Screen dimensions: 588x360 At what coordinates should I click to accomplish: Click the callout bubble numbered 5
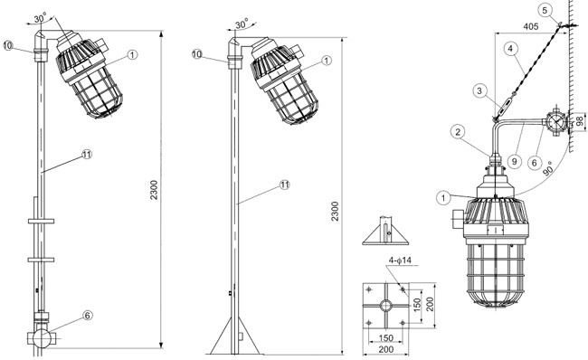pos(545,11)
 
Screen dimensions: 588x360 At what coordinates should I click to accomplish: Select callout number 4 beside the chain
pos(510,49)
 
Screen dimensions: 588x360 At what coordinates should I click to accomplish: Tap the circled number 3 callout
pos(479,91)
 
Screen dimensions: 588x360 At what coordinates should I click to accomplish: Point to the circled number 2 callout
pos(458,132)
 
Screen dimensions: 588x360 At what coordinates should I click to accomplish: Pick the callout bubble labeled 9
pos(515,161)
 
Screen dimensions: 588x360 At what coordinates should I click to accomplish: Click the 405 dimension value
pos(531,26)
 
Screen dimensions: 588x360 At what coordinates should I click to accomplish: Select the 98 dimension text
pos(579,121)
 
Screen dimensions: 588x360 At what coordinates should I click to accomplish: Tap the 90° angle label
pos(548,169)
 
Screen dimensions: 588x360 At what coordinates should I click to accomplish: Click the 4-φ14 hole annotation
pos(400,260)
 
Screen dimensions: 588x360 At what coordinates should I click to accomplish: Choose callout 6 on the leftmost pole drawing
pos(87,316)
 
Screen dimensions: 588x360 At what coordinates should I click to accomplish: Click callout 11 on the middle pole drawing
pos(285,185)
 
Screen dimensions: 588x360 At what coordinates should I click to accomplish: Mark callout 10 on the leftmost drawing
pos(8,46)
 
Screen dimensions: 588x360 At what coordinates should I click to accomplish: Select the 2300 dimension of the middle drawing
pos(335,211)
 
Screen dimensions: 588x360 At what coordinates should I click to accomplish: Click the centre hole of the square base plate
pos(385,306)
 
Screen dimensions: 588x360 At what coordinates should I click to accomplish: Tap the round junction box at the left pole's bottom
pos(42,338)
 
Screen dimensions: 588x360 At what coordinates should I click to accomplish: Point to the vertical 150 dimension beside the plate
pos(417,305)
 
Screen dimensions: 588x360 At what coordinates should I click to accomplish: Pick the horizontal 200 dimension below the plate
pos(386,349)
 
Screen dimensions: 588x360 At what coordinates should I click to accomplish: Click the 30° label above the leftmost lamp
pos(41,17)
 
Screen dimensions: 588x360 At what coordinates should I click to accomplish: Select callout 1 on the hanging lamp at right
pos(443,197)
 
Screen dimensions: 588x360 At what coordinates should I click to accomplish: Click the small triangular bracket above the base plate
pos(385,231)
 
